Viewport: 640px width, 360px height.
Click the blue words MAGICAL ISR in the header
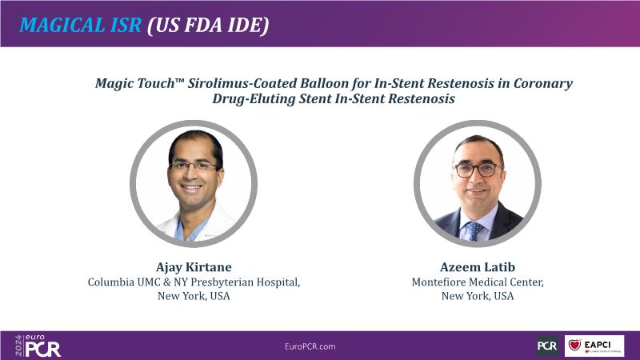click(x=81, y=25)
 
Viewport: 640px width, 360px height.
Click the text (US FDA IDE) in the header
click(x=208, y=26)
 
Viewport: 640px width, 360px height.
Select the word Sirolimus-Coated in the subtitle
click(x=242, y=83)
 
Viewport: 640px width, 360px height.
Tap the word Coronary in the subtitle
click(x=543, y=84)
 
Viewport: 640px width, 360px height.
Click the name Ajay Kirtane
click(x=194, y=267)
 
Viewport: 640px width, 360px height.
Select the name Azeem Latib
click(x=478, y=267)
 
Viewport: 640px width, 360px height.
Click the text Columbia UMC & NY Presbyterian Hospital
click(x=194, y=282)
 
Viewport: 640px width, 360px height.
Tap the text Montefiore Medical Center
click(x=478, y=282)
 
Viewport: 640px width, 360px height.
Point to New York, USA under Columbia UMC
click(x=194, y=296)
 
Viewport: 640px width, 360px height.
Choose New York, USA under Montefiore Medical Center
click(x=478, y=296)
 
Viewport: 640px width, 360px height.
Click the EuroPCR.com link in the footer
click(x=310, y=346)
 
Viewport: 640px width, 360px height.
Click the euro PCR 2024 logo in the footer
click(x=38, y=346)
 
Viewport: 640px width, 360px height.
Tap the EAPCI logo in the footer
click(x=594, y=346)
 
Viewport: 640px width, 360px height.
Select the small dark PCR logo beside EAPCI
click(x=547, y=346)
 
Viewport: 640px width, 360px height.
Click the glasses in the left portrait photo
click(x=194, y=166)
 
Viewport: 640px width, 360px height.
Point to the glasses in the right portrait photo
click(x=478, y=169)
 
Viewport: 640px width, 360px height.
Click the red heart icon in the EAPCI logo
click(x=574, y=345)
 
